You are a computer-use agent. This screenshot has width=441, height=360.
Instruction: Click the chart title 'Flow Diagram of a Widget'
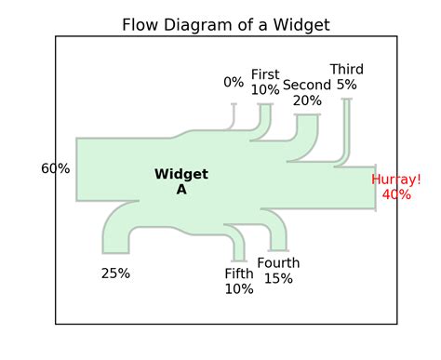pyautogui.click(x=225, y=24)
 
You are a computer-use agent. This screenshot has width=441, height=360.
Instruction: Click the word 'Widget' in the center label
pyautogui.click(x=181, y=174)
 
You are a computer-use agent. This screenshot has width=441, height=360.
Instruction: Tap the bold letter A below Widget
pyautogui.click(x=181, y=189)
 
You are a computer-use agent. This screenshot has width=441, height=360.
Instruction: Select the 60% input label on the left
pyautogui.click(x=55, y=168)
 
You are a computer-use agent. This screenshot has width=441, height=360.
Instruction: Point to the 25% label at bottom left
pyautogui.click(x=115, y=273)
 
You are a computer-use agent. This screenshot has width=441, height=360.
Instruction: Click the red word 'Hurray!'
pyautogui.click(x=396, y=180)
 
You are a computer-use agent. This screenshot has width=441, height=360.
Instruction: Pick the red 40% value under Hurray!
pyautogui.click(x=396, y=194)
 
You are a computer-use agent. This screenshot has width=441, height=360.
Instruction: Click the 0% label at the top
pyautogui.click(x=234, y=82)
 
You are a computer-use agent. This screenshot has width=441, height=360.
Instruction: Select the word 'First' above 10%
pyautogui.click(x=265, y=74)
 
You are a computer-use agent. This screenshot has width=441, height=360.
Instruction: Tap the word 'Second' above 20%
pyautogui.click(x=307, y=86)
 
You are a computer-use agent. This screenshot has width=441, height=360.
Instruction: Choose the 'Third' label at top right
pyautogui.click(x=346, y=70)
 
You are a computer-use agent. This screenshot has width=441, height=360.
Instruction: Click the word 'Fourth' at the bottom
pyautogui.click(x=278, y=263)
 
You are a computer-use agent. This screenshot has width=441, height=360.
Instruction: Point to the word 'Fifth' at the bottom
pyautogui.click(x=239, y=273)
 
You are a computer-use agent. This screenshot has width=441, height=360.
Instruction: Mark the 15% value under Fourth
pyautogui.click(x=278, y=278)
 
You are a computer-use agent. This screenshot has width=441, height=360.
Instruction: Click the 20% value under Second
pyautogui.click(x=307, y=100)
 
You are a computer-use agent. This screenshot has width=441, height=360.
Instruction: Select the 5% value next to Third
pyautogui.click(x=346, y=85)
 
